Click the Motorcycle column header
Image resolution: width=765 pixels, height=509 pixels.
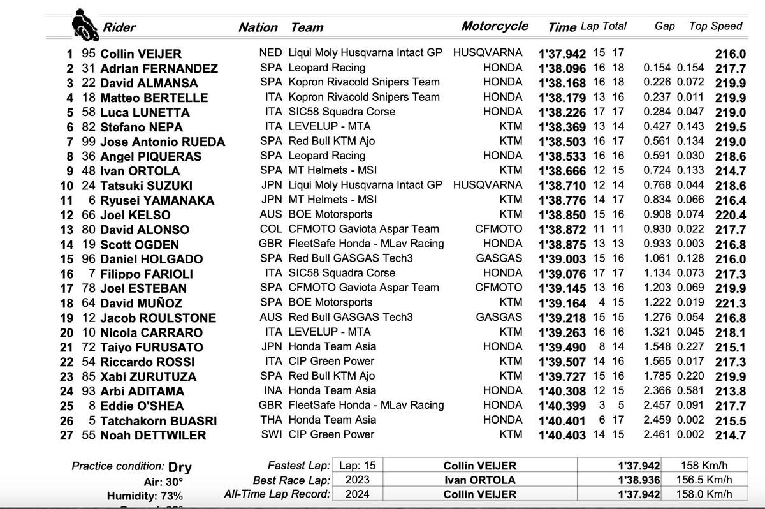(x=495, y=26)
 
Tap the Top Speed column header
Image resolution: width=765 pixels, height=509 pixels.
(x=715, y=26)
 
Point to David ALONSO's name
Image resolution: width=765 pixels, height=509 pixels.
(x=145, y=230)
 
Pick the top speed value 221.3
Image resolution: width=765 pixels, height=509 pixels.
(x=730, y=303)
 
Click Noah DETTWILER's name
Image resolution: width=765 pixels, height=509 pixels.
(x=154, y=436)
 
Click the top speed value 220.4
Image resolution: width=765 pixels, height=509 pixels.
(x=730, y=215)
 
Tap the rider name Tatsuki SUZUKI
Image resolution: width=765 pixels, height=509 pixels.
(x=146, y=186)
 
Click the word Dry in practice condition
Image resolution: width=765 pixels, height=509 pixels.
(x=180, y=466)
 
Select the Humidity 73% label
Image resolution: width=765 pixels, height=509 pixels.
(x=145, y=496)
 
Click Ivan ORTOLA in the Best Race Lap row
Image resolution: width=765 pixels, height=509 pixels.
(x=480, y=480)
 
